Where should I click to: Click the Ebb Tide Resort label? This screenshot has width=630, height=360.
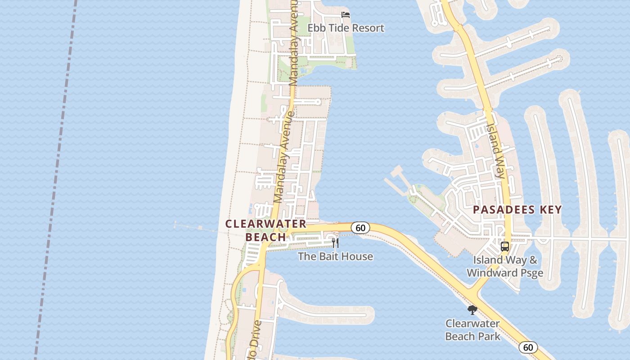click(346, 28)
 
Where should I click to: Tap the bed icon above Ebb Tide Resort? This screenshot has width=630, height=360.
click(346, 15)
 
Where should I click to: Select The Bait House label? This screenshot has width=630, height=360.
click(335, 256)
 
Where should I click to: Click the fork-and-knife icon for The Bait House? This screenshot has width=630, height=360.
click(335, 243)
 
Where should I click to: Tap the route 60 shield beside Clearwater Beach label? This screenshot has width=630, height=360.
click(360, 228)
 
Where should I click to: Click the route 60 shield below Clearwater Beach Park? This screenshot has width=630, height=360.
click(528, 347)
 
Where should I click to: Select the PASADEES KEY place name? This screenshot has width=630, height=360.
click(517, 210)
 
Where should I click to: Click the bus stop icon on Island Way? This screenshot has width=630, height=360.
click(505, 247)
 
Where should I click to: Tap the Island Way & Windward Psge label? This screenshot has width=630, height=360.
click(505, 266)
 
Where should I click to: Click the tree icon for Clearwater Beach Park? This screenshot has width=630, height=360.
click(472, 310)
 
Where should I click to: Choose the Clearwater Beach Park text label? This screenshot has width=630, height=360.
click(472, 330)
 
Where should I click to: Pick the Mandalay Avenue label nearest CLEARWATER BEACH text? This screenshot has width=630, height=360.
click(284, 157)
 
